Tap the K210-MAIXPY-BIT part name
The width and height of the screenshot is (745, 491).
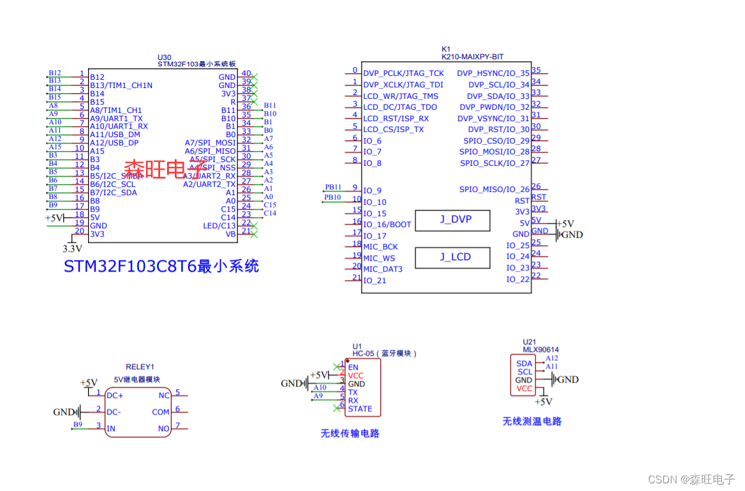tap(472, 57)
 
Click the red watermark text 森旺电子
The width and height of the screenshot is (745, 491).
tap(165, 169)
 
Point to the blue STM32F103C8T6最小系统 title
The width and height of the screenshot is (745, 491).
tap(161, 267)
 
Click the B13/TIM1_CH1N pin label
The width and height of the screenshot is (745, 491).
tap(121, 85)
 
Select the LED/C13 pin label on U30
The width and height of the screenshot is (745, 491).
tap(219, 226)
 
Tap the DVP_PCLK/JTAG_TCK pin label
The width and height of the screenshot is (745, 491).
tap(403, 73)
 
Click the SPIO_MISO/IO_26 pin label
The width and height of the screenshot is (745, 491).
tap(494, 189)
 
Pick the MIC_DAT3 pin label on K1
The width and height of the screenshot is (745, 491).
tap(383, 269)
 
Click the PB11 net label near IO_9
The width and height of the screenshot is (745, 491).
tap(333, 187)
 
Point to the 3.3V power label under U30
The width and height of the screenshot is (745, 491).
tap(73, 249)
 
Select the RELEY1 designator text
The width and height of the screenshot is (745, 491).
tap(140, 367)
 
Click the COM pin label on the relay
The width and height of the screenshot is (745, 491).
tap(161, 412)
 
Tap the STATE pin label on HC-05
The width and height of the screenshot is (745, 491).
tap(360, 409)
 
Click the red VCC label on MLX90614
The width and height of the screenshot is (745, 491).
tap(524, 388)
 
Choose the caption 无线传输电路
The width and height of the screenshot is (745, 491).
tap(350, 434)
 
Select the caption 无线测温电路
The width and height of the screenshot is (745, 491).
tap(532, 421)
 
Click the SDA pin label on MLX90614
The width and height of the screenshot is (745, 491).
tap(524, 363)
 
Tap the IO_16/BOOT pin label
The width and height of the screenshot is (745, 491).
tap(387, 224)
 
